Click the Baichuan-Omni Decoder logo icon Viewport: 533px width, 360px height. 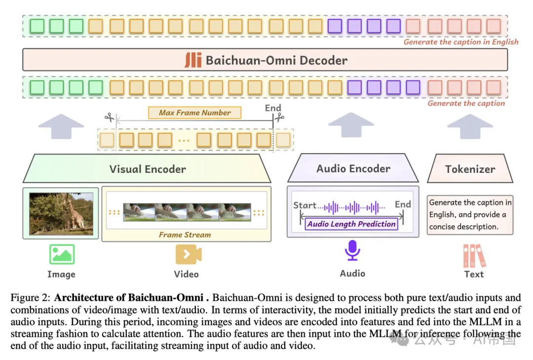click(193, 60)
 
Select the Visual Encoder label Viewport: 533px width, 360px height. click(148, 169)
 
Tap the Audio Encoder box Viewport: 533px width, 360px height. click(353, 168)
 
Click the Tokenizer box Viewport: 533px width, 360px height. click(470, 169)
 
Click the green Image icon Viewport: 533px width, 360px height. click(62, 254)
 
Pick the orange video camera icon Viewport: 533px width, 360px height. click(189, 254)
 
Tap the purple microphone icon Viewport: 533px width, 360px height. click(352, 250)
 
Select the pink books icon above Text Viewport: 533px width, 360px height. click(474, 255)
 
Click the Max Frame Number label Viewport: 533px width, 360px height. click(195, 113)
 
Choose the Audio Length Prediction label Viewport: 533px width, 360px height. click(351, 224)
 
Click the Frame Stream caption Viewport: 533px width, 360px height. click(185, 235)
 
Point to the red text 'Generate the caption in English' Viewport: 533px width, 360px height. click(461, 42)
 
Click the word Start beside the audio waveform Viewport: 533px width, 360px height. click(305, 205)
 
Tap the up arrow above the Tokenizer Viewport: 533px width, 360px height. click(469, 127)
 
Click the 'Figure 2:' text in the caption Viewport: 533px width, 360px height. click(31, 298)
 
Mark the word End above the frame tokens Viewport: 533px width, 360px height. click(273, 108)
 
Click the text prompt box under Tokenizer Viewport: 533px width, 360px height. click(470, 214)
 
